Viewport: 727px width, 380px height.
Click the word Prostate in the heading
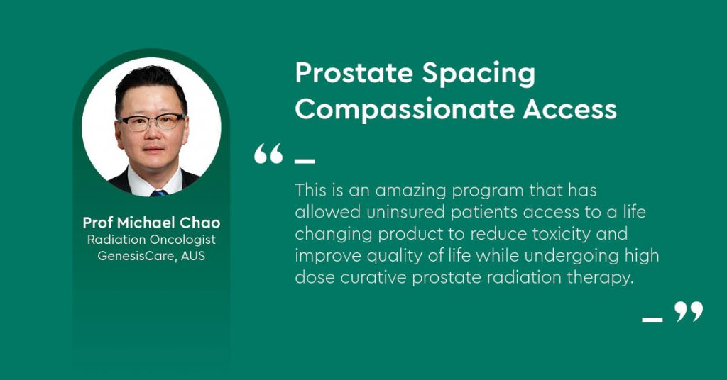point(354,74)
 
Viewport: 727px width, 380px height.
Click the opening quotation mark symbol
point(268,154)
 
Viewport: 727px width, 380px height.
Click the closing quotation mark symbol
point(689,312)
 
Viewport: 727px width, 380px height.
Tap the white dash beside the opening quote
point(305,162)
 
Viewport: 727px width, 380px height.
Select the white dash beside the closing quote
point(652,319)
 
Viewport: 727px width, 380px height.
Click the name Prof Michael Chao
point(152,223)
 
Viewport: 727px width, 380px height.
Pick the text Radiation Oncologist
point(152,240)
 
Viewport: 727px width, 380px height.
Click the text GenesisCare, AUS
point(151,256)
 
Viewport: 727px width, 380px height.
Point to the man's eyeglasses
point(152,122)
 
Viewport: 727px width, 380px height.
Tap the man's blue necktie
point(159,193)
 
